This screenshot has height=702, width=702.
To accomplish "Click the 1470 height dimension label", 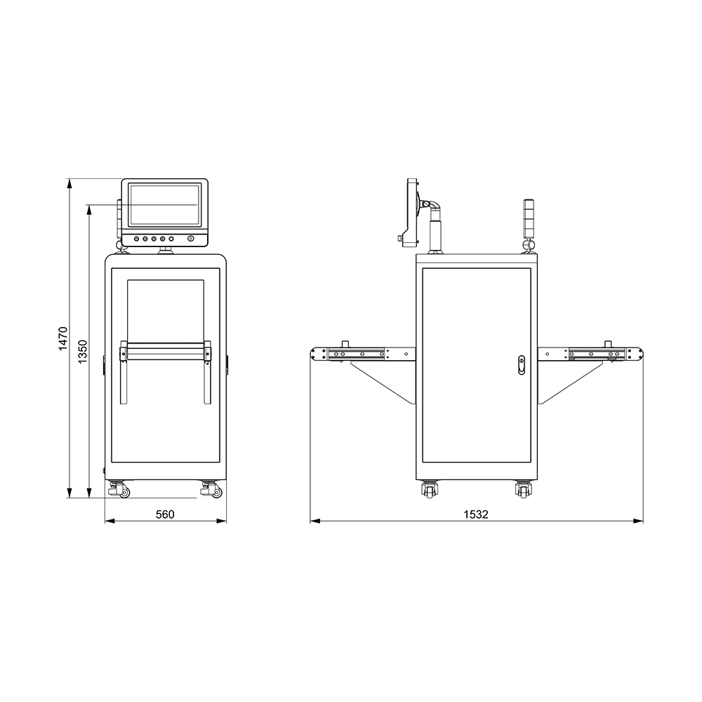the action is tap(62, 338).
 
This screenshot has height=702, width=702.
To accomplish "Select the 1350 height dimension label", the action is tap(83, 352).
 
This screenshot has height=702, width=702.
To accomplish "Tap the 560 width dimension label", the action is tap(165, 515).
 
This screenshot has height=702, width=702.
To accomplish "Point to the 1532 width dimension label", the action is tap(475, 515).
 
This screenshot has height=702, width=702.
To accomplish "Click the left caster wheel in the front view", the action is tap(119, 489).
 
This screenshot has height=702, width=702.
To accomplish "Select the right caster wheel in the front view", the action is tap(211, 489).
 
